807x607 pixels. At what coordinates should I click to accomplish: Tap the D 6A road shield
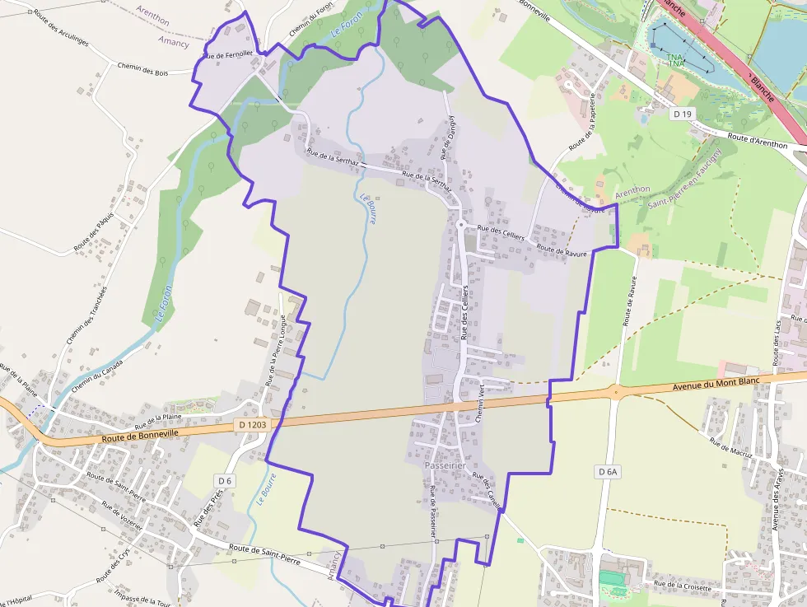pyautogui.click(x=607, y=471)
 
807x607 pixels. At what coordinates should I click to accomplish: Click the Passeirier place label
pyautogui.click(x=445, y=465)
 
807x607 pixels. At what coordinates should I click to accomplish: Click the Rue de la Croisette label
pyautogui.click(x=683, y=586)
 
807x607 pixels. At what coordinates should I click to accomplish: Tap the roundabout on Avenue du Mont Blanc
pyautogui.click(x=613, y=391)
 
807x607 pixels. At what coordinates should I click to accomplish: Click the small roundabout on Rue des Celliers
pyautogui.click(x=461, y=224)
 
